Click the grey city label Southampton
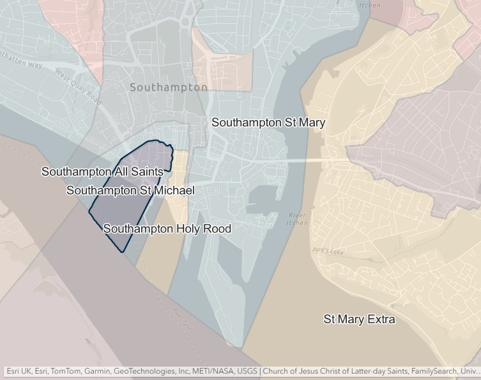pyautogui.click(x=168, y=87)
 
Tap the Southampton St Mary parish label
pyautogui.click(x=268, y=122)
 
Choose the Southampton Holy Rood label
pyautogui.click(x=167, y=229)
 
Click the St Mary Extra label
pyautogui.click(x=359, y=319)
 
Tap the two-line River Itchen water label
pyautogui.click(x=298, y=219)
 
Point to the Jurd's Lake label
pyautogui.click(x=328, y=252)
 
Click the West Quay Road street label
pyautogui.click(x=79, y=86)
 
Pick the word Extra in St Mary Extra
pyautogui.click(x=381, y=319)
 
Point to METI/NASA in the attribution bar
pyautogui.click(x=211, y=371)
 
